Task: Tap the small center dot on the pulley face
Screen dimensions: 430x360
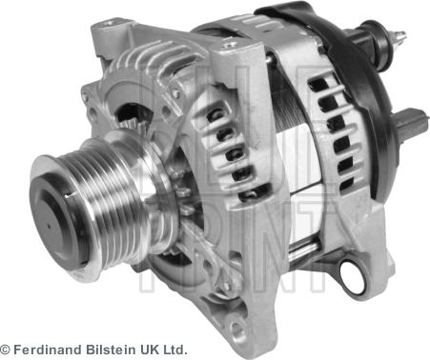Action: point(49,227)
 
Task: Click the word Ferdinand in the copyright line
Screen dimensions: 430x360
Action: point(48,350)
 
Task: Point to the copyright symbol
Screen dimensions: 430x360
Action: point(5,350)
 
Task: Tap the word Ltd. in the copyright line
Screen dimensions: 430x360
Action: point(174,350)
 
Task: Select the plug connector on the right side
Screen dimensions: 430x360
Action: point(414,122)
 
